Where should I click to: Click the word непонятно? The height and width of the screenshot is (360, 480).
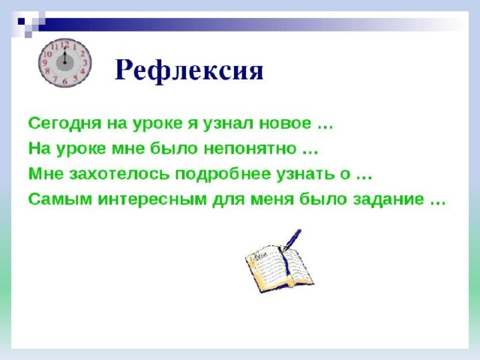(250, 149)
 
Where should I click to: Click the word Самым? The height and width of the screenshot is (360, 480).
(60, 199)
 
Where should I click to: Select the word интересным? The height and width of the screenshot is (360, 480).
(152, 199)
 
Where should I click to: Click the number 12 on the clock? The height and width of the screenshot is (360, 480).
(64, 45)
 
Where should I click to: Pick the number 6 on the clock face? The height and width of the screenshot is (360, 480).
(64, 81)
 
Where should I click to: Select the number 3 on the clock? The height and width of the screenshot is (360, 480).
(85, 63)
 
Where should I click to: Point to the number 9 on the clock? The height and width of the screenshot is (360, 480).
(45, 63)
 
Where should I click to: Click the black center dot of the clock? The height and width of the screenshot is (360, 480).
(64, 62)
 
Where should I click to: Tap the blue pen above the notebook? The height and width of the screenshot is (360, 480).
(292, 240)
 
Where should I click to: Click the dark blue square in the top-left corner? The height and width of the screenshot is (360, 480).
(21, 21)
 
